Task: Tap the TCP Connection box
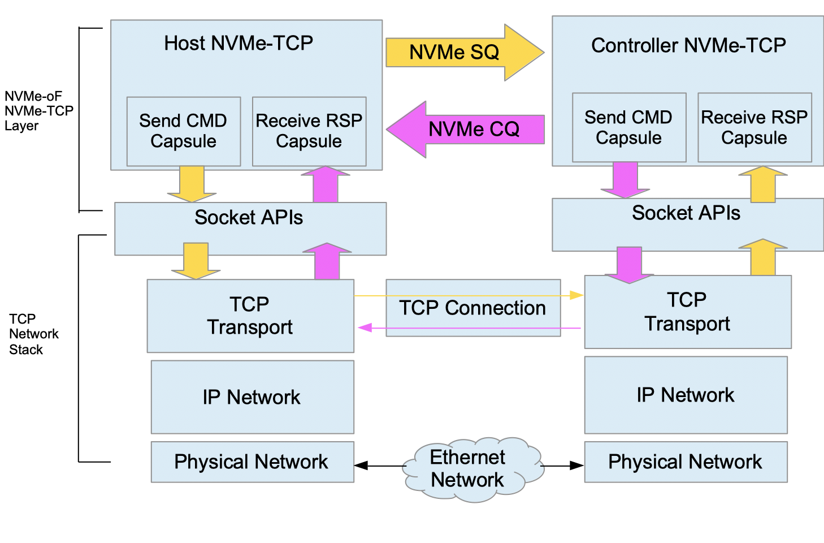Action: (472, 308)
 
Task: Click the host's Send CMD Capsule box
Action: (183, 131)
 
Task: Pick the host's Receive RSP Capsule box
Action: (309, 131)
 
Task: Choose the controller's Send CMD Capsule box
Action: (628, 127)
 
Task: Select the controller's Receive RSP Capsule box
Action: (754, 127)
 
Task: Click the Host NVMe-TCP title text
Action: (238, 44)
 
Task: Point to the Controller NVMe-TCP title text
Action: (688, 45)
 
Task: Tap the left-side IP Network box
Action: (252, 397)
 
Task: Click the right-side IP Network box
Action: (686, 395)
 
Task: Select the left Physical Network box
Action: (251, 462)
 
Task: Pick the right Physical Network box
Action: (685, 462)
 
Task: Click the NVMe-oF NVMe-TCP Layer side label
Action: (38, 111)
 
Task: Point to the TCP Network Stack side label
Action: (33, 334)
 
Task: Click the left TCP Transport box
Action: (250, 316)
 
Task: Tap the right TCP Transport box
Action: (687, 312)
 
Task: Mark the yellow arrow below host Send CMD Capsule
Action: (192, 184)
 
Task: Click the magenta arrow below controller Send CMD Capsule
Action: (625, 180)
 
